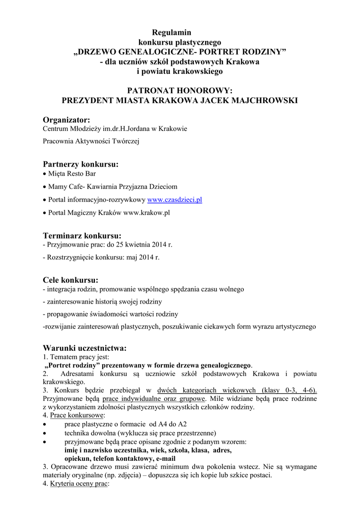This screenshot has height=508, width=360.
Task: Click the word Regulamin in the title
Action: (x=168, y=32)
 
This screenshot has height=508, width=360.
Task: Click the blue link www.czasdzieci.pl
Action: (x=174, y=200)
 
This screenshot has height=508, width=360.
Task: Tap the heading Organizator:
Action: (x=67, y=120)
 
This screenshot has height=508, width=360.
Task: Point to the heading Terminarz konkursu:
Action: (x=82, y=235)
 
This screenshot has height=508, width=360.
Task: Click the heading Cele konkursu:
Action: (x=71, y=280)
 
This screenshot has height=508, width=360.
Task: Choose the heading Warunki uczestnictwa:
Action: (x=84, y=347)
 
